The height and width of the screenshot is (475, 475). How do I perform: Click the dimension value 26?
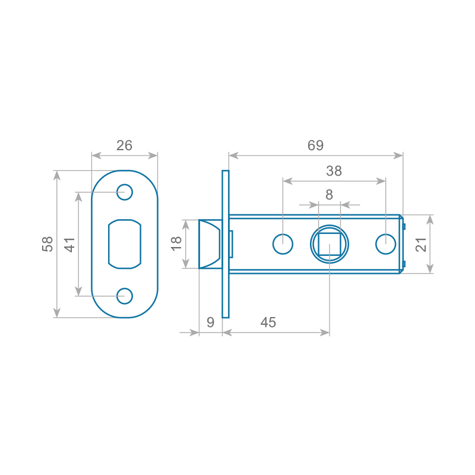[124, 145]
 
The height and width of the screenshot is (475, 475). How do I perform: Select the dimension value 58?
[47, 244]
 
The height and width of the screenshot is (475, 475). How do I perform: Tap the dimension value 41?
[69, 245]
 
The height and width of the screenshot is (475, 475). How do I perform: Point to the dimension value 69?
[315, 145]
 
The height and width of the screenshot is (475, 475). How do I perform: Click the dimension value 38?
[334, 171]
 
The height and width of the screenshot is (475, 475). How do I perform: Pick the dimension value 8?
[330, 195]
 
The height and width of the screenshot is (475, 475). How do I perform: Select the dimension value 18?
[176, 243]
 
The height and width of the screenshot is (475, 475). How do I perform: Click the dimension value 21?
[421, 245]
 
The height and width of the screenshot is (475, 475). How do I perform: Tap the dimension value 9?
[210, 322]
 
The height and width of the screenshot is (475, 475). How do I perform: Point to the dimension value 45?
[268, 322]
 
